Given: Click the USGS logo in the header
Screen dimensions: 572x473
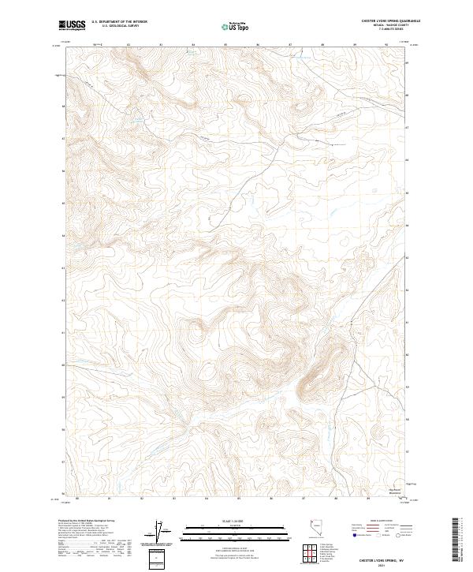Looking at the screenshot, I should tap(71, 26).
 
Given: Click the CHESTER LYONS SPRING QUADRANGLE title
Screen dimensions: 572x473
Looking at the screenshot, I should tap(390, 21).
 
